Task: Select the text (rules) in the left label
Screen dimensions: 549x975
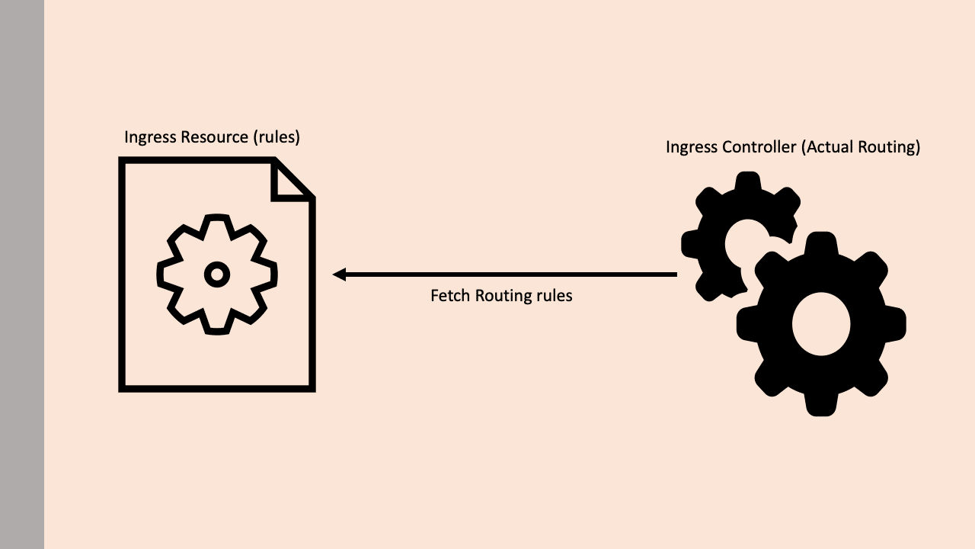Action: point(277,137)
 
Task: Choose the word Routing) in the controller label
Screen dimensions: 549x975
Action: point(890,147)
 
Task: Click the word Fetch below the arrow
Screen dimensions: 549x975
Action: point(449,296)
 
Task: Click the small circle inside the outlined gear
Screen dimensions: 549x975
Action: point(217,274)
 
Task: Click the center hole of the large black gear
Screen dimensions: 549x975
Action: point(821,324)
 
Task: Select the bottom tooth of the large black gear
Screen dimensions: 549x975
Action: point(821,405)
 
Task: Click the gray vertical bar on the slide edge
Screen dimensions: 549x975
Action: point(22,274)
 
